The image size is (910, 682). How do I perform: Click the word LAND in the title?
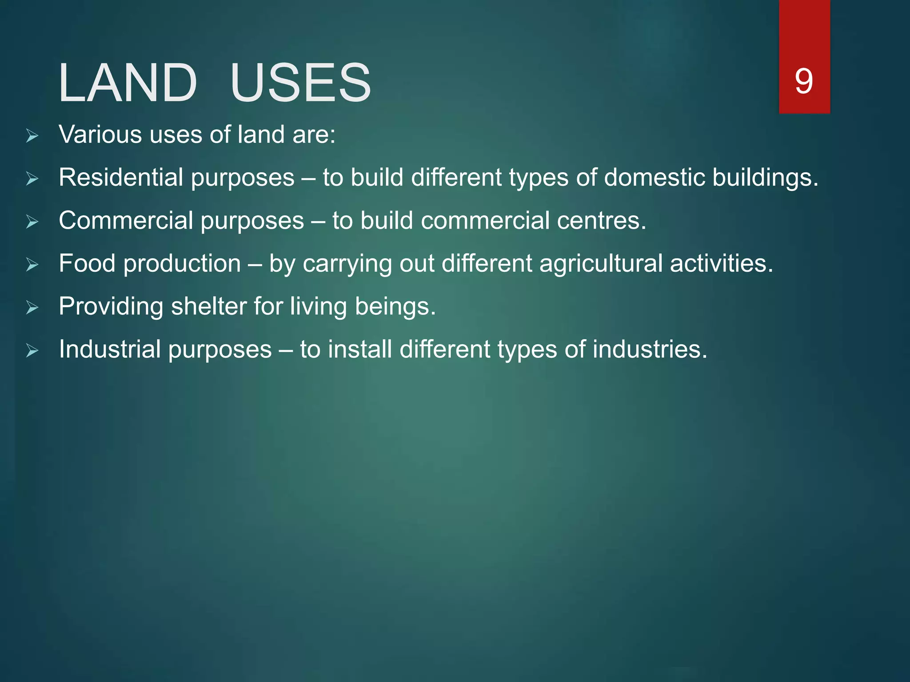point(128,83)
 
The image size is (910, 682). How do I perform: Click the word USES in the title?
point(300,83)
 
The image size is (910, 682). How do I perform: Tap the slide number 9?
point(804,81)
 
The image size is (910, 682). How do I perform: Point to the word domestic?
point(654,178)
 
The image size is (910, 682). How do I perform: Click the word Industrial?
point(110,349)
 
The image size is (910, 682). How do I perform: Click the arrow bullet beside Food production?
point(32,265)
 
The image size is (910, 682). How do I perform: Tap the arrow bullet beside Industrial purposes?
point(32,351)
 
